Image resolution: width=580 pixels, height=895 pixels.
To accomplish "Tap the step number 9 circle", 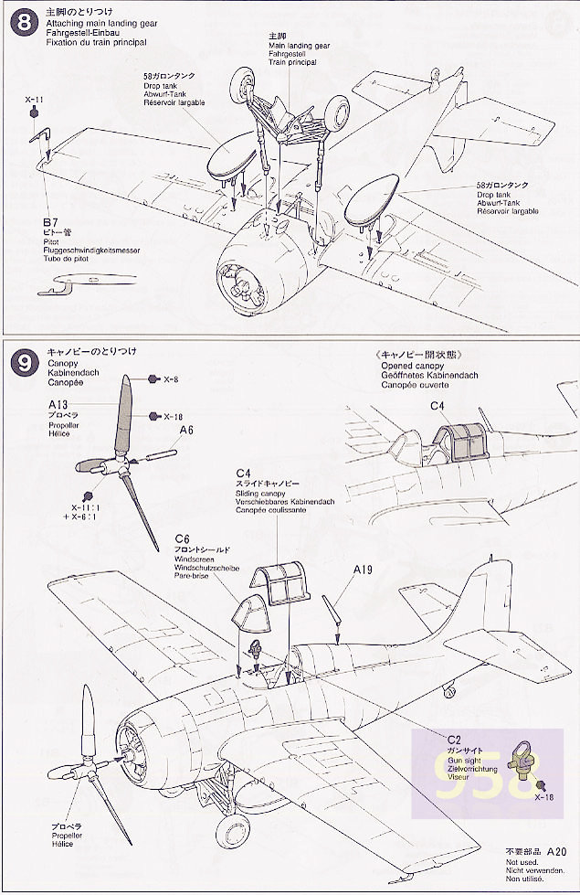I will (x=20, y=364).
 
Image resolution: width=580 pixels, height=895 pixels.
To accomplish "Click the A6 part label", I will (x=186, y=430).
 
